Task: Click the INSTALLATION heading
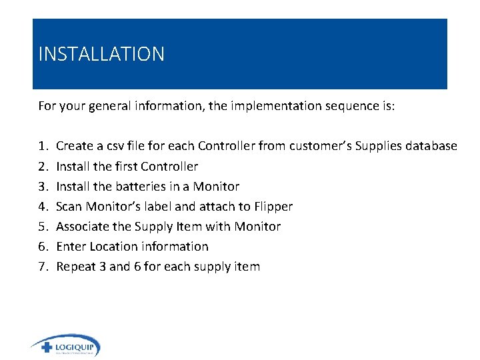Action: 101,54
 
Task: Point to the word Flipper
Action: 273,206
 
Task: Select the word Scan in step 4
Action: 69,206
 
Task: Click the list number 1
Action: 43,146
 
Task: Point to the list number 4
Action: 43,206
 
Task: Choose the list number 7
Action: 43,266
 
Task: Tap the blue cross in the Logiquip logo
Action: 46,347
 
